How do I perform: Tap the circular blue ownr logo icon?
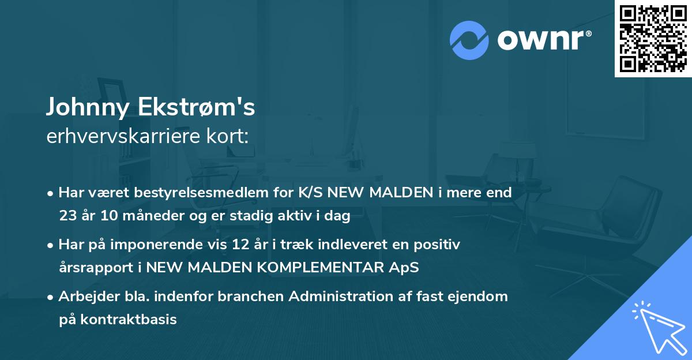pos(469,40)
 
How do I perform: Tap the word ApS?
pos(405,268)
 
